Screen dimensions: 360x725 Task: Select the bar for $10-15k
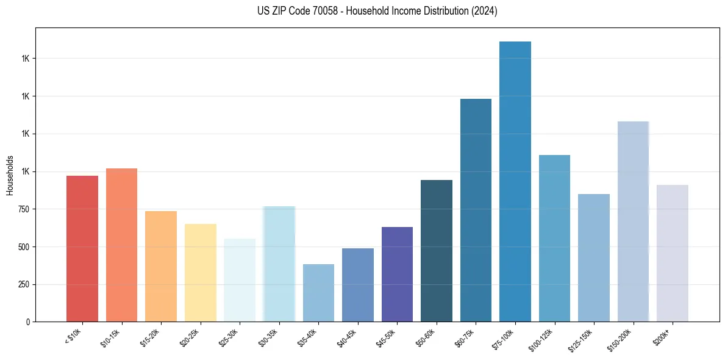(121, 245)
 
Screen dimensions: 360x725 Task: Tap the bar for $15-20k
(161, 266)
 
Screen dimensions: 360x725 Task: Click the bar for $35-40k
(318, 293)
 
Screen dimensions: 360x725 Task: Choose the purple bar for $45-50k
(397, 274)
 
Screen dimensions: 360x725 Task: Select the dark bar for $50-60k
(436, 251)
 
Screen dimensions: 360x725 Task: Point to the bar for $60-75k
(476, 210)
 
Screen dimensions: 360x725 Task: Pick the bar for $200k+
(672, 253)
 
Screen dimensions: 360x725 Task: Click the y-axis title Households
(10, 175)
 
